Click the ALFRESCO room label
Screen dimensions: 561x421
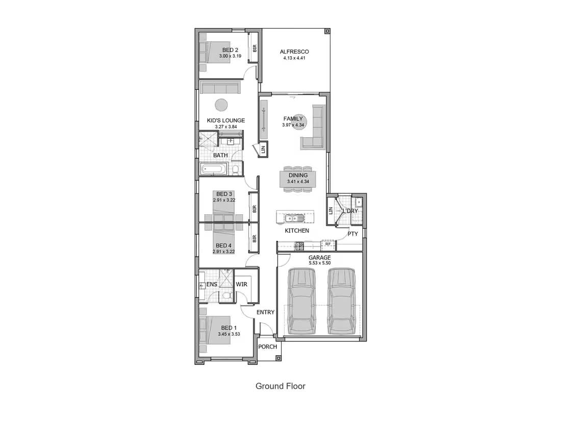tap(294, 52)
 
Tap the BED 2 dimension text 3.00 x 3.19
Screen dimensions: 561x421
tap(230, 56)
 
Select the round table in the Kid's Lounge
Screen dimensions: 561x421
tap(221, 105)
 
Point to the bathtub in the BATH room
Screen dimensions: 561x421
tap(214, 169)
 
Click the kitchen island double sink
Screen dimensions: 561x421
tap(294, 218)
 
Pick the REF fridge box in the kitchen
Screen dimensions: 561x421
tap(328, 244)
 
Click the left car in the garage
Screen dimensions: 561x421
tap(301, 302)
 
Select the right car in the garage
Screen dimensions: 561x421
tap(341, 302)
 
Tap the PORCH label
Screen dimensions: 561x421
tap(268, 346)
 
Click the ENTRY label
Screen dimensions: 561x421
tap(266, 312)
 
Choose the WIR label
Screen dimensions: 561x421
tap(242, 284)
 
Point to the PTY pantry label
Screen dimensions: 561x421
tap(353, 234)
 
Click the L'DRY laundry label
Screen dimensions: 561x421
tap(350, 211)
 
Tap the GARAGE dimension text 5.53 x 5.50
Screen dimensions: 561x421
tap(319, 263)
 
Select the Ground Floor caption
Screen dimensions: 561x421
tap(280, 386)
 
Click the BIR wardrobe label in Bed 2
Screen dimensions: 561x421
tap(254, 47)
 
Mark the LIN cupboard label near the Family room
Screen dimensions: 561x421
tap(264, 150)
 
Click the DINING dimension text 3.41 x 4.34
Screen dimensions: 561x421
tap(298, 182)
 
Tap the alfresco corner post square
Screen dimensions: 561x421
tap(327, 32)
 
